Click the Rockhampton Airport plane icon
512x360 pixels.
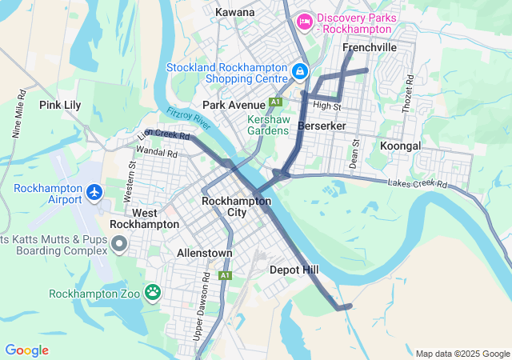click(x=94, y=192)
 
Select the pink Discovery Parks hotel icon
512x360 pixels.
click(x=304, y=21)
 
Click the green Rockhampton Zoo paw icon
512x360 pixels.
click(x=152, y=293)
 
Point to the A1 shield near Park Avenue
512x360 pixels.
click(x=275, y=102)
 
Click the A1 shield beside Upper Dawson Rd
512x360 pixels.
click(x=226, y=275)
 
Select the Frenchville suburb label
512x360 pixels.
click(x=370, y=48)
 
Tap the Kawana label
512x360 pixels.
click(x=235, y=12)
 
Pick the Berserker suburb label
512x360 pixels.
click(x=321, y=126)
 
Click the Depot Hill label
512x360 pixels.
click(x=294, y=270)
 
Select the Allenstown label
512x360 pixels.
click(x=204, y=253)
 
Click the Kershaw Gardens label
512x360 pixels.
click(x=267, y=125)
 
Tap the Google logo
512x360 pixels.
click(x=26, y=350)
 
